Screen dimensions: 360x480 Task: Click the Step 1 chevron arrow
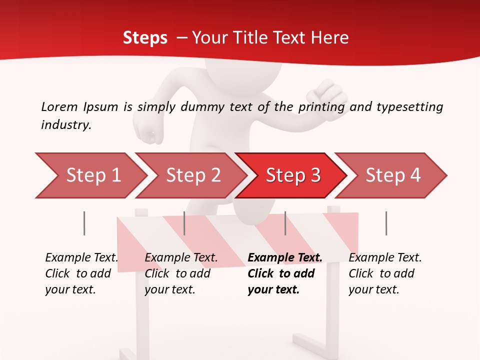click(x=90, y=175)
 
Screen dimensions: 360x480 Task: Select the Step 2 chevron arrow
click(x=191, y=175)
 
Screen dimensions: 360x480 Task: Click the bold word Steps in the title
click(x=145, y=37)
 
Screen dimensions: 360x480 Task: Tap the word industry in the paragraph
click(x=66, y=124)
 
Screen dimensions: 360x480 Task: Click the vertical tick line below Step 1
click(x=84, y=223)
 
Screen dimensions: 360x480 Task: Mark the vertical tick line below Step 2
click(x=184, y=223)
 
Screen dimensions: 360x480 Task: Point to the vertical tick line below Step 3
click(x=285, y=223)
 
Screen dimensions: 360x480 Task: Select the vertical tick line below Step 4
click(x=386, y=223)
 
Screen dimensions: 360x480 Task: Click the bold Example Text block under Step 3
click(x=284, y=273)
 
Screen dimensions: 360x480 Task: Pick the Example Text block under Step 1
click(x=81, y=273)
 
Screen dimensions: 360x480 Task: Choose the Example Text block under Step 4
click(x=385, y=273)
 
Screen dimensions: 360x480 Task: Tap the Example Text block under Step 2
click(x=181, y=273)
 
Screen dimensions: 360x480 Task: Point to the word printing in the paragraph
click(x=322, y=106)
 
